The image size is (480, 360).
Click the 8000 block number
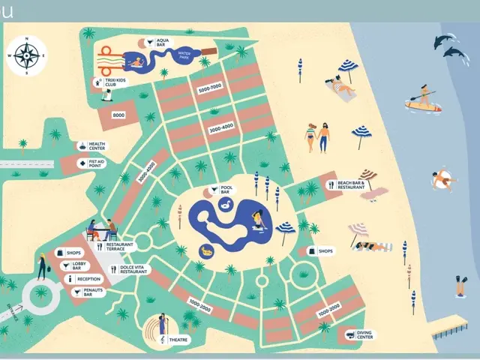pyautogui.click(x=119, y=115)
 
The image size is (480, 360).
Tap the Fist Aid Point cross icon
pyautogui.click(x=82, y=161)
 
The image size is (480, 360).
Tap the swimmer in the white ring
pyautogui.click(x=444, y=180)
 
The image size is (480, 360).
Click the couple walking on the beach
pyautogui.click(x=316, y=136)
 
